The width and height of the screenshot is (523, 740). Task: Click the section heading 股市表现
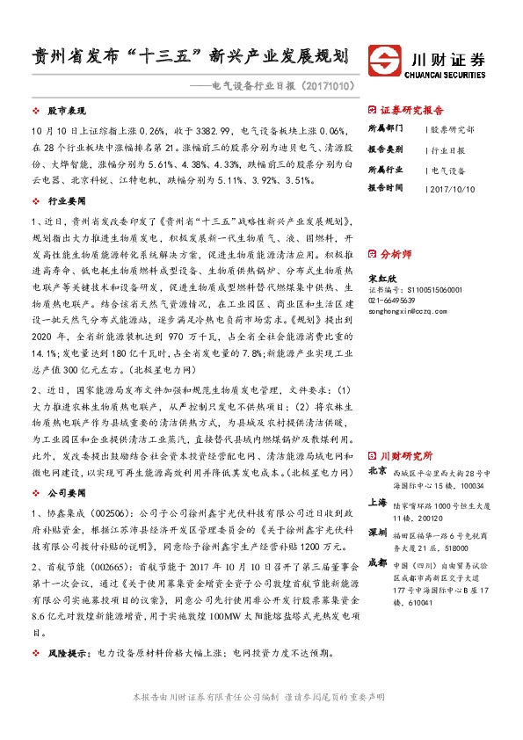tap(62, 112)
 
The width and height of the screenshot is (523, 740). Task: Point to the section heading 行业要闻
tap(62, 200)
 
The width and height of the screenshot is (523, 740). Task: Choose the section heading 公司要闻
tap(62, 494)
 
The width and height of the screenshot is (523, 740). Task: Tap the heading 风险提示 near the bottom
tap(67, 653)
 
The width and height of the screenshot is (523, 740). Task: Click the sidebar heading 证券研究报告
tap(411, 112)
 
